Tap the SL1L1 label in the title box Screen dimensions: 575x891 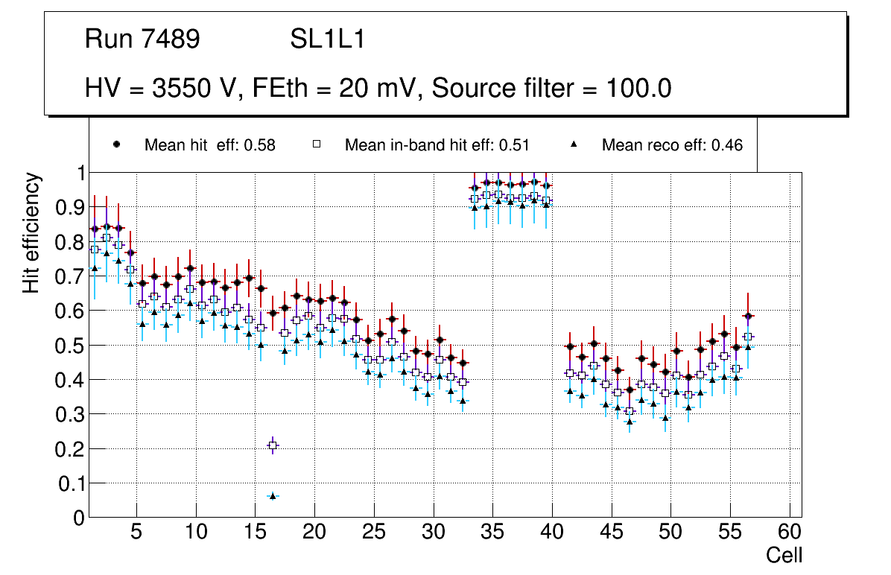[327, 39]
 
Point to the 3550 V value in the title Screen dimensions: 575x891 [195, 89]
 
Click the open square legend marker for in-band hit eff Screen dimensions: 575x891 [316, 145]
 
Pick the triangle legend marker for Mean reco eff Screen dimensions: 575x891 [574, 145]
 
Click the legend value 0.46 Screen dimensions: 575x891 [727, 145]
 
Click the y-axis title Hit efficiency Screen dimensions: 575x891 [31, 232]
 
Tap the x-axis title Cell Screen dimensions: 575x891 [784, 555]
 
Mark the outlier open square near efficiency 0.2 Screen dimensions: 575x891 [273, 445]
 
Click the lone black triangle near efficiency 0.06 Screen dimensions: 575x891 [273, 495]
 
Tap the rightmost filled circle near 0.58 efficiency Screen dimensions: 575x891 [748, 317]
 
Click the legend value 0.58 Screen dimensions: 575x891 [261, 145]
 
